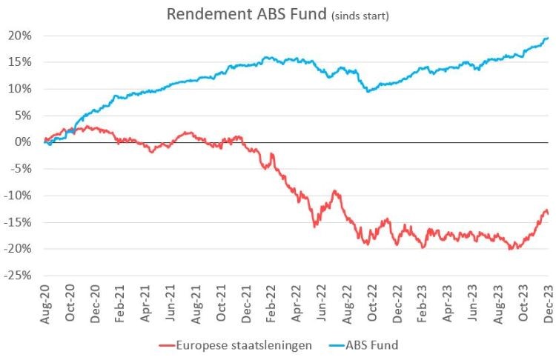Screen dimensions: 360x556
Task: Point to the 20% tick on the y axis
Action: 21,36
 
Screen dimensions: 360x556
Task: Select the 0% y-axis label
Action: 24,142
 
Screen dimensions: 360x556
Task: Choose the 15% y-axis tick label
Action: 21,62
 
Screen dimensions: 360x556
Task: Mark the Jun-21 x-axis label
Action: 171,301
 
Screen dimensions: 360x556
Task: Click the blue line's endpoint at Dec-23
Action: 547,39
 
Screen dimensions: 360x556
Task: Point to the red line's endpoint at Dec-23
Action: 547,213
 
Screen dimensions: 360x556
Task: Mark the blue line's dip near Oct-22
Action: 368,91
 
